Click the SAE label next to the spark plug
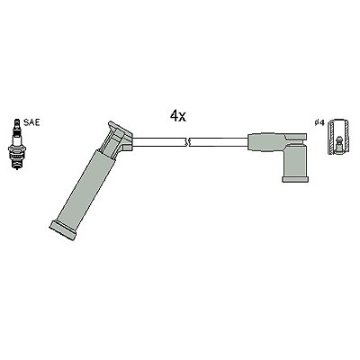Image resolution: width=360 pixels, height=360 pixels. [x=31, y=122]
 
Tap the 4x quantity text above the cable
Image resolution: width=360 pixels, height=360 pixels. [x=178, y=116]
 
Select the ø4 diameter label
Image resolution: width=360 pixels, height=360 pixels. [x=319, y=122]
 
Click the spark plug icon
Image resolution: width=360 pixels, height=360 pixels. [x=17, y=144]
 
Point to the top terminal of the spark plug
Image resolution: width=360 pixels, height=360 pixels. [x=17, y=123]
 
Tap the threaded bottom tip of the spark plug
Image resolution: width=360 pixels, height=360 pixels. [x=17, y=165]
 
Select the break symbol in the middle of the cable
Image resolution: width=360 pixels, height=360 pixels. [x=187, y=142]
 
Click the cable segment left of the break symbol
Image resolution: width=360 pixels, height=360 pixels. [x=158, y=142]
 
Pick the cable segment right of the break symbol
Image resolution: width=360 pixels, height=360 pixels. [x=219, y=142]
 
